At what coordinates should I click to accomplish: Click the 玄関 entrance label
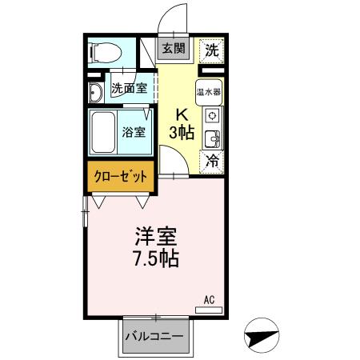click(174, 49)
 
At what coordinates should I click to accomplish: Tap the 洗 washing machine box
click(211, 50)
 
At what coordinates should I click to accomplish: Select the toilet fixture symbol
click(105, 54)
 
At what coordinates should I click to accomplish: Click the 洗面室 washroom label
click(128, 89)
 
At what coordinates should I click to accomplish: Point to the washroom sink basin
click(94, 94)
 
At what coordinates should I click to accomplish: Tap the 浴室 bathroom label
click(134, 131)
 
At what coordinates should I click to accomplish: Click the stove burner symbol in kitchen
click(213, 114)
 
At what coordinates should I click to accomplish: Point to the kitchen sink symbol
click(213, 140)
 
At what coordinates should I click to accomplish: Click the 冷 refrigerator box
click(211, 160)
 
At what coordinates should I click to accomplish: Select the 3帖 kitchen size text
click(182, 132)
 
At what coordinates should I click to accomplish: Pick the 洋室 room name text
click(155, 238)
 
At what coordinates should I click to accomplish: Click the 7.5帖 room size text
click(155, 258)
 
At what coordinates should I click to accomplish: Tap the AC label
click(209, 300)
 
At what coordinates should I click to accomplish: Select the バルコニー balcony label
click(155, 337)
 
